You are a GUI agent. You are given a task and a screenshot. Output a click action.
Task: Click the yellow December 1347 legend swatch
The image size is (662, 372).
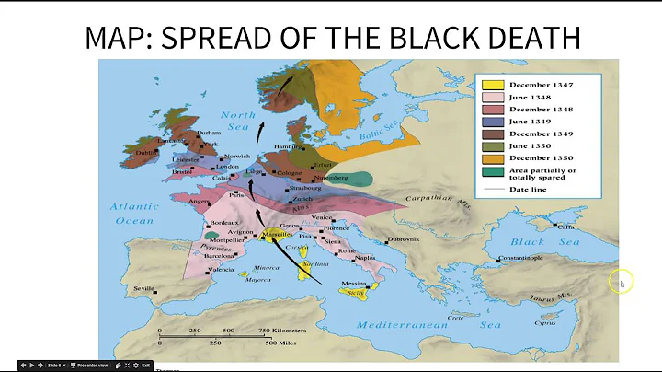492,86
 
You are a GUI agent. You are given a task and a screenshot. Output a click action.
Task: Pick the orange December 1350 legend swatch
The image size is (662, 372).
492,157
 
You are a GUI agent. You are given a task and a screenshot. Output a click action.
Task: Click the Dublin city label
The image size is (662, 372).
146,152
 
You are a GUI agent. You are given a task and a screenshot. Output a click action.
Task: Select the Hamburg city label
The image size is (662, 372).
287,146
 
